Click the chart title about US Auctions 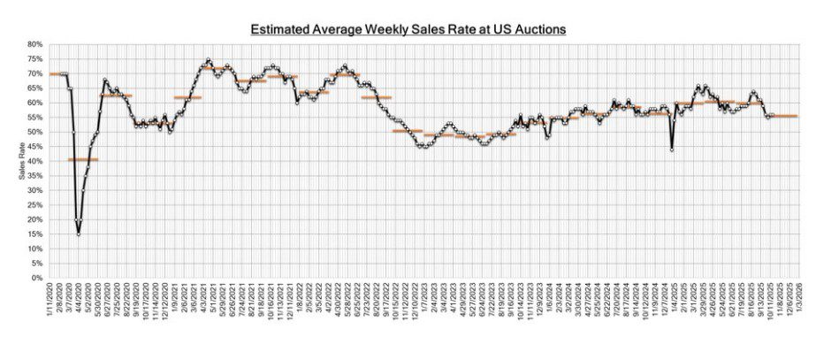(x=408, y=29)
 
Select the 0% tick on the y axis (x=36, y=279)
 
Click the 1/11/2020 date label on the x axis (x=53, y=299)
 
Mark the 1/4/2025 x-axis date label (x=676, y=299)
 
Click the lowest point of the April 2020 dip (x=79, y=234)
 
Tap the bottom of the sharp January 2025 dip (x=673, y=150)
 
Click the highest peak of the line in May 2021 (x=208, y=60)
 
